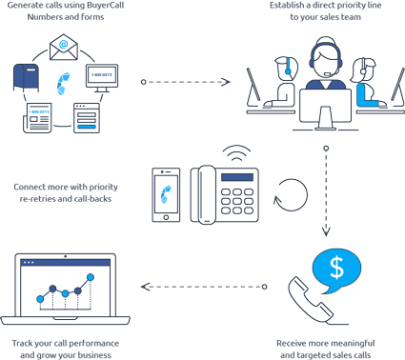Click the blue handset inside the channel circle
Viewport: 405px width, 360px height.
click(x=65, y=83)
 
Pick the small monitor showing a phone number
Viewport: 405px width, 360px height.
click(x=101, y=75)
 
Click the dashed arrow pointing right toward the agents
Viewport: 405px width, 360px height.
click(x=187, y=82)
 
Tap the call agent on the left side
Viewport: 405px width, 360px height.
click(x=280, y=81)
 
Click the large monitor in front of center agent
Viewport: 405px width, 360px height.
click(x=324, y=108)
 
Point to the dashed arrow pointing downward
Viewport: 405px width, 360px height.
click(x=326, y=191)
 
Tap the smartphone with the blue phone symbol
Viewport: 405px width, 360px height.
click(x=168, y=194)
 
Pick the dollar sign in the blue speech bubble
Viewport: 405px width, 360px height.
click(x=336, y=268)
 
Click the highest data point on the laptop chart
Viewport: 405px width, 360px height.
click(x=91, y=278)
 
